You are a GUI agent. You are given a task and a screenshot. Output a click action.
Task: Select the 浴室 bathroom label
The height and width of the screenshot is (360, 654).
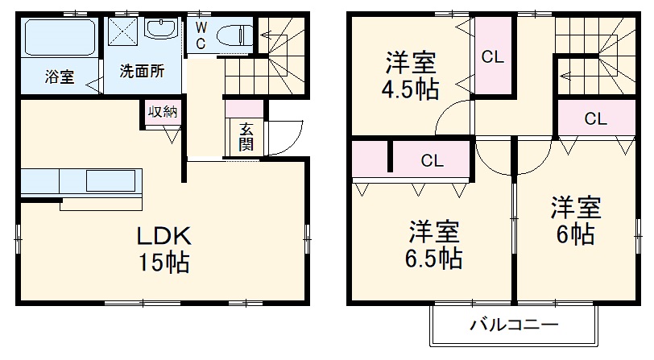point(59,78)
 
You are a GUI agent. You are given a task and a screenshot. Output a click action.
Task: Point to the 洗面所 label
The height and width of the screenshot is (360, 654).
point(142,71)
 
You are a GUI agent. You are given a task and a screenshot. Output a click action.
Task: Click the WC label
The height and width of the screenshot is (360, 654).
point(201,34)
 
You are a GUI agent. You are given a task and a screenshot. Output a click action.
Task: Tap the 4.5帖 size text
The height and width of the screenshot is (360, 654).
point(411,89)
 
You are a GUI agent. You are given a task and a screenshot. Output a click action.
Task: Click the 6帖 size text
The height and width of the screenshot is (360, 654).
point(576,234)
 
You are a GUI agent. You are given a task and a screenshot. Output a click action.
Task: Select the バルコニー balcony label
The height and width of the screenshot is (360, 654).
point(514,326)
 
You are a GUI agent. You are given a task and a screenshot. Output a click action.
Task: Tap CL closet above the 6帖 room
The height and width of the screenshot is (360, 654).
point(595,120)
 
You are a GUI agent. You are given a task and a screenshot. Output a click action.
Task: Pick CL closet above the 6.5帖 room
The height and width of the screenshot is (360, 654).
point(432,160)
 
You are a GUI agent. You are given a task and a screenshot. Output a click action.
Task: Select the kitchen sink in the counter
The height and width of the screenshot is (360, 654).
point(114,180)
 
